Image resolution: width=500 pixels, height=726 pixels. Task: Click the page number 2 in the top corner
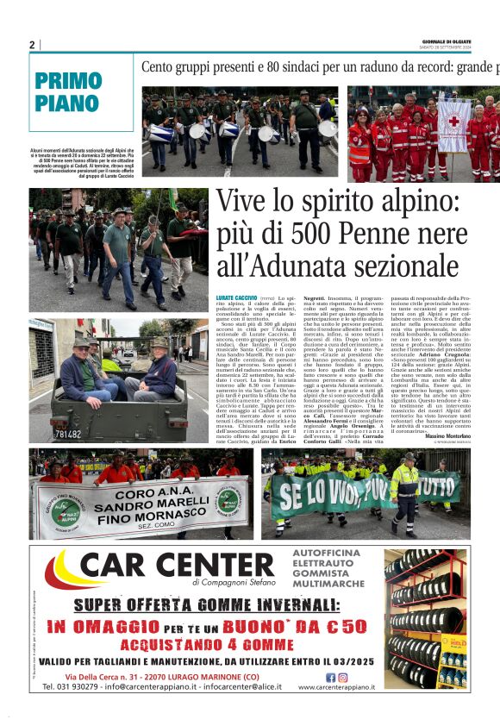click(32, 45)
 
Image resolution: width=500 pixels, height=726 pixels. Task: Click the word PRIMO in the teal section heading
click(68, 82)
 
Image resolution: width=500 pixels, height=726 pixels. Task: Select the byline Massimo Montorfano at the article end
click(441, 438)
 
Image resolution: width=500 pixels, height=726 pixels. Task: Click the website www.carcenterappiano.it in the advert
click(337, 688)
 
